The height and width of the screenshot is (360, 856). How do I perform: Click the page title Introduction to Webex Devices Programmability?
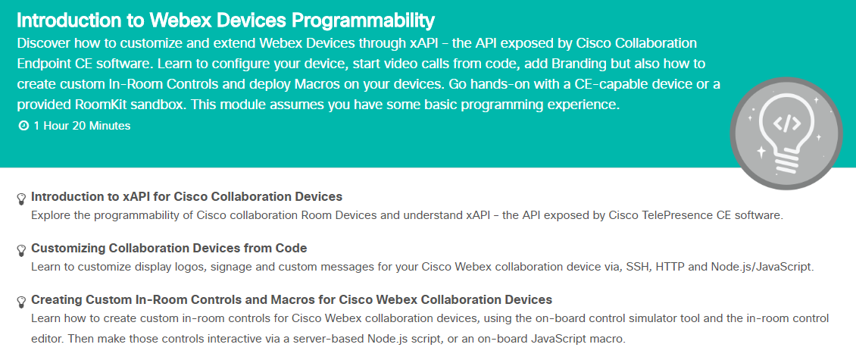click(226, 20)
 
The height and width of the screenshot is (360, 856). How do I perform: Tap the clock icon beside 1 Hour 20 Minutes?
click(23, 127)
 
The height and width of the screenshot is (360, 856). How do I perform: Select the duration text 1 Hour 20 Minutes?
click(82, 127)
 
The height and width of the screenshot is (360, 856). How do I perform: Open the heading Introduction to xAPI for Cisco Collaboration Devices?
click(186, 196)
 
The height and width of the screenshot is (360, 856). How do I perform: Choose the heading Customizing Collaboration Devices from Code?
click(169, 249)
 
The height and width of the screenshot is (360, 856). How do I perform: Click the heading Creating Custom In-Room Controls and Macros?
click(292, 300)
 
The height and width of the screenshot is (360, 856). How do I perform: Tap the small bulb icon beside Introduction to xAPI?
click(21, 199)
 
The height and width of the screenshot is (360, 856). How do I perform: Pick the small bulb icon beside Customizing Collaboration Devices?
click(21, 251)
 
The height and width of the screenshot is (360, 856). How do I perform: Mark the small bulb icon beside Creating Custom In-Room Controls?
click(21, 302)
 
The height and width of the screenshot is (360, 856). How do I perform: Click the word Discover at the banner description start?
click(44, 43)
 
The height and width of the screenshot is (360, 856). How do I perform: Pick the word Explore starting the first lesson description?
click(48, 215)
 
